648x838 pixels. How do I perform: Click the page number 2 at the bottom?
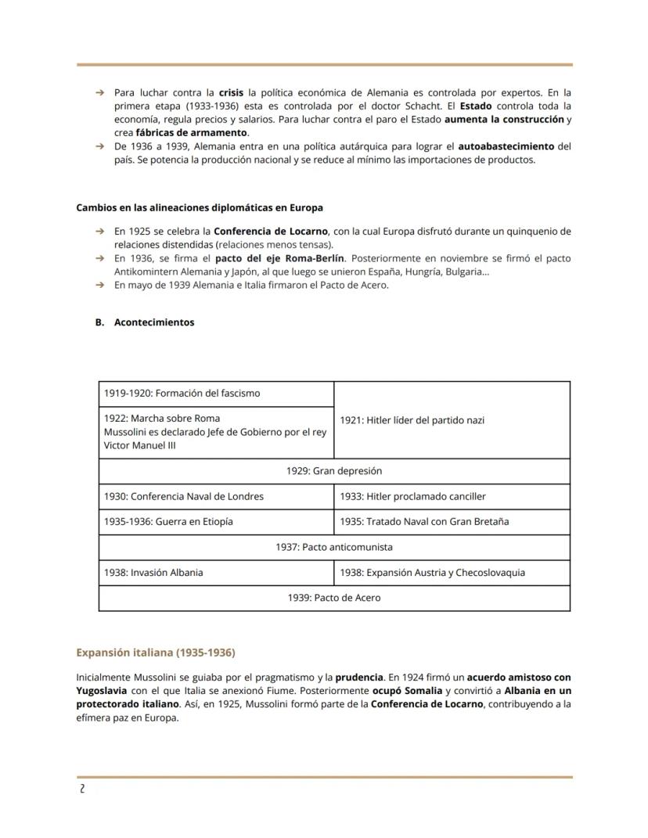[x=82, y=789]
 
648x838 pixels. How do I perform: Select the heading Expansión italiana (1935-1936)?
[x=155, y=652]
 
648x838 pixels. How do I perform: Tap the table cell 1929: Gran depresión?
[x=334, y=471]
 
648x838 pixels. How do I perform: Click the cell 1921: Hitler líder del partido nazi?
[x=412, y=420]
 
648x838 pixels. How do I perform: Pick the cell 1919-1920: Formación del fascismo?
[x=182, y=393]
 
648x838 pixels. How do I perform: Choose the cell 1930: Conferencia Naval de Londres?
[x=183, y=496]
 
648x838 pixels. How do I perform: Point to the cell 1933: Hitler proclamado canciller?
[x=412, y=496]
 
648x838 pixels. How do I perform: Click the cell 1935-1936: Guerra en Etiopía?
[x=168, y=521]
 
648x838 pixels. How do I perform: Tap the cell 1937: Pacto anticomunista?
[x=334, y=547]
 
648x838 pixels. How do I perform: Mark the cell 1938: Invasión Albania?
[x=153, y=572]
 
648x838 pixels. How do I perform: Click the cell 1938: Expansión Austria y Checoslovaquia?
[x=432, y=572]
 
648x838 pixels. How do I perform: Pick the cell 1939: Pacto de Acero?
[x=334, y=598]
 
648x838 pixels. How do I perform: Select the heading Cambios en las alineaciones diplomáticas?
[x=200, y=208]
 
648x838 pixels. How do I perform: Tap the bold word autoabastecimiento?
[x=506, y=146]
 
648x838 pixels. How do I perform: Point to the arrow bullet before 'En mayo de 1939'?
[x=99, y=285]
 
